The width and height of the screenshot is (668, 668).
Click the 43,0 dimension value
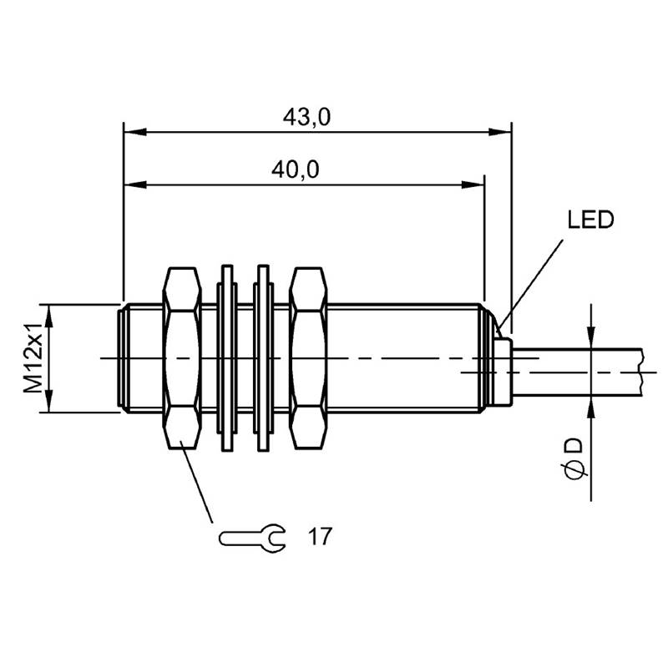click(306, 117)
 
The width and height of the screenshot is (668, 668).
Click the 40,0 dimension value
click(296, 170)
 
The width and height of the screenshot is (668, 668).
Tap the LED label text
click(590, 220)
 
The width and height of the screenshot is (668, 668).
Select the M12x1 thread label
click(33, 358)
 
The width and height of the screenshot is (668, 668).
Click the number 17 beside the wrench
click(320, 536)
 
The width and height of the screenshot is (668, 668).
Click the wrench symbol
click(252, 539)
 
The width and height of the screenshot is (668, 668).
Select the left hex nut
click(182, 358)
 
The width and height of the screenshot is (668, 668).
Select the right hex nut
click(308, 358)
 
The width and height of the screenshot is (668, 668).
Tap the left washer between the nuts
click(227, 358)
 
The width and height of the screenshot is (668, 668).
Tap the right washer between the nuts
click(264, 358)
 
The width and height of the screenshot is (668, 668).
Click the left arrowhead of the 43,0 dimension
click(135, 132)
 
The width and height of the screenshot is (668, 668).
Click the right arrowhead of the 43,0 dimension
click(499, 132)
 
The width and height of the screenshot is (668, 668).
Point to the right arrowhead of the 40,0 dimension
click(473, 185)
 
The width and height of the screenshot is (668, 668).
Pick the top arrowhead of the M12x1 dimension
click(49, 316)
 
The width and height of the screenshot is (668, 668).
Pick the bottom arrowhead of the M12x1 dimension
click(49, 401)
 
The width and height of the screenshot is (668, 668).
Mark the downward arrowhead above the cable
click(591, 337)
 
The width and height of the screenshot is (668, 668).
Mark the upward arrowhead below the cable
click(591, 407)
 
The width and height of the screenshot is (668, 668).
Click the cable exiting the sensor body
click(577, 372)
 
